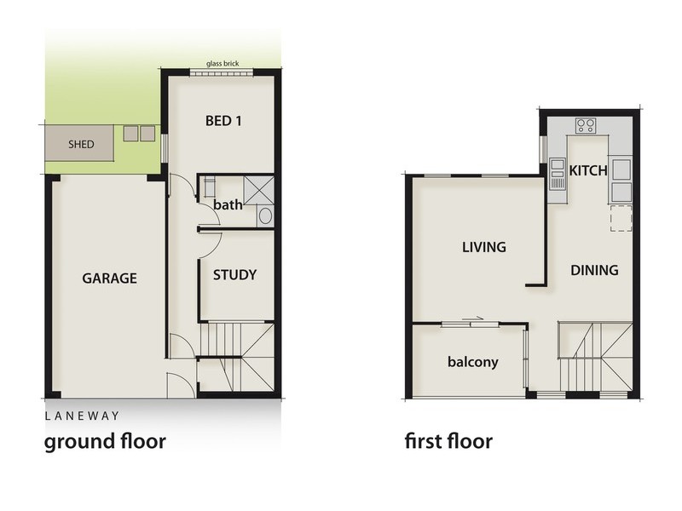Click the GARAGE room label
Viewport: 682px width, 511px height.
(110, 278)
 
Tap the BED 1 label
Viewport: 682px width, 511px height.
(224, 120)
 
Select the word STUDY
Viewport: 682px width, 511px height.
(234, 275)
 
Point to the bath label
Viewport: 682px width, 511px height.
(228, 205)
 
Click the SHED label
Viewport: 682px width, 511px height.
(81, 144)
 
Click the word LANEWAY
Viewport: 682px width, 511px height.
(82, 416)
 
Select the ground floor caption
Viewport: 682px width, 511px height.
(104, 442)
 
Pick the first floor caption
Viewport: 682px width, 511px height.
(448, 442)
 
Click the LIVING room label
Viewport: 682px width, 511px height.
(484, 248)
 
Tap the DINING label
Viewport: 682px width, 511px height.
(594, 271)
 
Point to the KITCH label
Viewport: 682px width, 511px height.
(588, 170)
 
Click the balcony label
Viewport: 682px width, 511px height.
(472, 362)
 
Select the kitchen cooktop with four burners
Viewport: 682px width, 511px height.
(586, 126)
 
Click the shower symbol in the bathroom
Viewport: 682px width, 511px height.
(258, 189)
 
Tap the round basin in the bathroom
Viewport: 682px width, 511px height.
(264, 215)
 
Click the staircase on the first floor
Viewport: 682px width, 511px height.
(595, 358)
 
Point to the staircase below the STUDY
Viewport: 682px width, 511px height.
(237, 358)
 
